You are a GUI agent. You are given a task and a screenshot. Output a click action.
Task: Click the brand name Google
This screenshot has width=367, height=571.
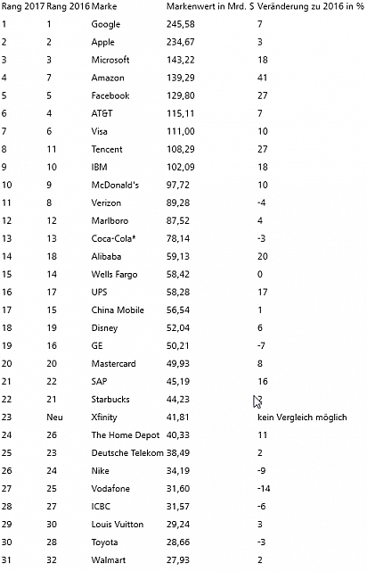tap(106, 24)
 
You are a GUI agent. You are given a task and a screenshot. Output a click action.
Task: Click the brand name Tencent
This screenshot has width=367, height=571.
tap(107, 149)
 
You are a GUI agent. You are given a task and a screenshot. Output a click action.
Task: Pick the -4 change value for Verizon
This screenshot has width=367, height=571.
tap(258, 203)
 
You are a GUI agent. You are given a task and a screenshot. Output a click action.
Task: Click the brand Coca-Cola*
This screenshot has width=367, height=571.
tap(112, 238)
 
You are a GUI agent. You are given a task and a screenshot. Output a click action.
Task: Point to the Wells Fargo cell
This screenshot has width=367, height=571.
tap(114, 274)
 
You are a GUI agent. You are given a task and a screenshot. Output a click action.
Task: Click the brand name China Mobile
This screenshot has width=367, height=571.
tap(116, 310)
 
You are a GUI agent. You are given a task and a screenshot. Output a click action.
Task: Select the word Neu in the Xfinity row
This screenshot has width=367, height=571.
tap(54, 417)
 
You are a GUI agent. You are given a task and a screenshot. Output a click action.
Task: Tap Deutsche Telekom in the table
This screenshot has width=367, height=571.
tap(127, 452)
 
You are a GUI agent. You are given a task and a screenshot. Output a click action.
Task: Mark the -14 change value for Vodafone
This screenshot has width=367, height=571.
tap(261, 488)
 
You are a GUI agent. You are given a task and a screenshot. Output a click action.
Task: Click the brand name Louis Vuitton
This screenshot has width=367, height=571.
tap(117, 524)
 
